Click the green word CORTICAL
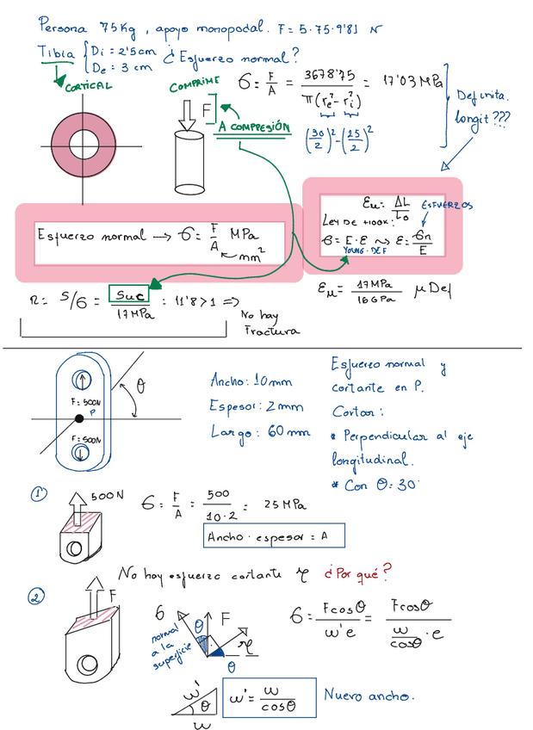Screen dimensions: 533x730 [x=86, y=85]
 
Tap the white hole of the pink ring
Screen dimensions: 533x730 [x=84, y=141]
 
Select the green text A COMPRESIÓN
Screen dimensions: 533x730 [x=252, y=127]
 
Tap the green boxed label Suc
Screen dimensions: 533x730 [x=128, y=295]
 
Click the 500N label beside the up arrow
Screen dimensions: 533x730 [x=109, y=497]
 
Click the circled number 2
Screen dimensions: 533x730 [x=36, y=597]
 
